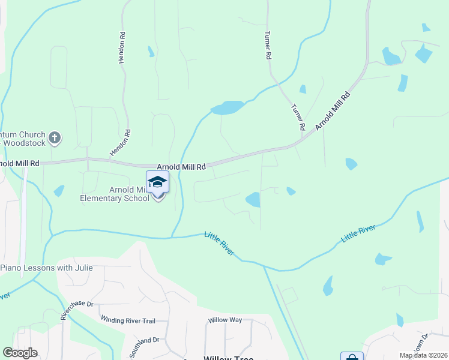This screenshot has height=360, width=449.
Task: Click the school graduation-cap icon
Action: [157, 182]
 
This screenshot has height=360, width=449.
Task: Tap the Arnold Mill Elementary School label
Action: [115, 194]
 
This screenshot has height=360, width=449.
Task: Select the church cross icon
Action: [55, 138]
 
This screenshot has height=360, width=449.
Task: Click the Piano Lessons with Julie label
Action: [47, 267]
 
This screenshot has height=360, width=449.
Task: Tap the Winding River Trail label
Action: [128, 320]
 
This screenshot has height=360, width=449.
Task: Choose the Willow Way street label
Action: [225, 320]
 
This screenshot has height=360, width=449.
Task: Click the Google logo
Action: [20, 353]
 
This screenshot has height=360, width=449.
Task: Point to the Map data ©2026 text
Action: [423, 355]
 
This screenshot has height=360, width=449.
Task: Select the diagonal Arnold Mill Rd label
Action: [332, 111]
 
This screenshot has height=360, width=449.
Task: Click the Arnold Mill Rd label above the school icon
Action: [181, 166]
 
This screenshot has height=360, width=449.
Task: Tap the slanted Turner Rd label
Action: [298, 118]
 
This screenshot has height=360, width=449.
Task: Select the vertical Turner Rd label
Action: [268, 46]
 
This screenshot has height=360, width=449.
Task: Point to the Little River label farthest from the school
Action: [358, 233]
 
